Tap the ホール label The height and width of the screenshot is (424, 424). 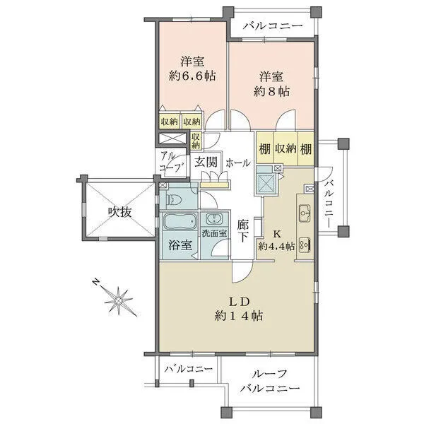pos(237,163)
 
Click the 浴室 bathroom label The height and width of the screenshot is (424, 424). pos(180,246)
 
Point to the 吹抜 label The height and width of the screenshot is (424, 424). pos(119,212)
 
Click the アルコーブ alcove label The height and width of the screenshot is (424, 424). pos(170,162)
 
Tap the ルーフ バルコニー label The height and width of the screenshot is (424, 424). pos(269,382)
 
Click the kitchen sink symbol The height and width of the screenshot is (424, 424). pos(305,211)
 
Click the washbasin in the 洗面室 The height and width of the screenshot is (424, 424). pos(213,219)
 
